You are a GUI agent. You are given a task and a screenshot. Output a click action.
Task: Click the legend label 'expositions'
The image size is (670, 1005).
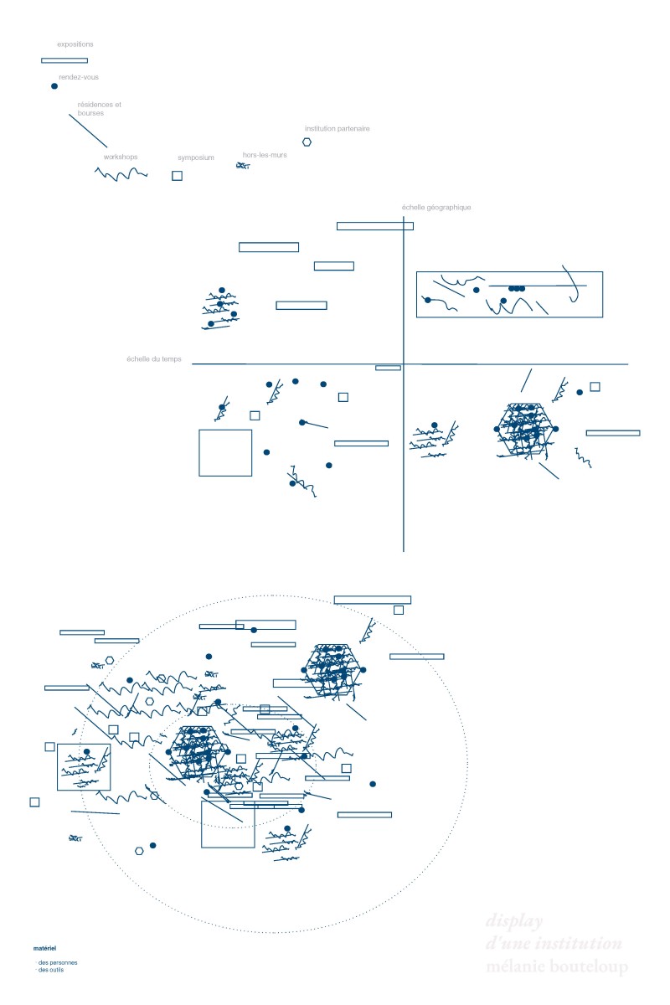pyautogui.click(x=75, y=44)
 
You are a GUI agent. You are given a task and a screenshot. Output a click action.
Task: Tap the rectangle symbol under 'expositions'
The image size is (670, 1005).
pyautogui.click(x=64, y=60)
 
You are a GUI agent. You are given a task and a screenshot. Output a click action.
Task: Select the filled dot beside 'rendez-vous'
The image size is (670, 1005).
pyautogui.click(x=54, y=86)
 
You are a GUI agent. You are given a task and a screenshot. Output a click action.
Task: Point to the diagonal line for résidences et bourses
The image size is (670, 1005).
pyautogui.click(x=88, y=131)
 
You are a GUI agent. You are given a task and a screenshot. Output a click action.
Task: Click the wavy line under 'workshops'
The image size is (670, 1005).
pyautogui.click(x=121, y=173)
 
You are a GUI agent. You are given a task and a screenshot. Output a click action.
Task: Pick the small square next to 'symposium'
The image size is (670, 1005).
pyautogui.click(x=177, y=176)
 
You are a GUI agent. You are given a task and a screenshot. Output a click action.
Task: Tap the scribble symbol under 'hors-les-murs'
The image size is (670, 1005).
pyautogui.click(x=243, y=167)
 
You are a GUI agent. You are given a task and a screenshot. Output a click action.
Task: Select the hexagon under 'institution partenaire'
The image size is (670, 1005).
pyautogui.click(x=307, y=142)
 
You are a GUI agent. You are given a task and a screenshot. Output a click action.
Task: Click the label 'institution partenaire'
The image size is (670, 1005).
pyautogui.click(x=337, y=129)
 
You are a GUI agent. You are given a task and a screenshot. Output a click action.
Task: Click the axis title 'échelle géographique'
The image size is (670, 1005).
pyautogui.click(x=436, y=208)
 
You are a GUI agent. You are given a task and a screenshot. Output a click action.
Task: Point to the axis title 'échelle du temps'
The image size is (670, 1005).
pyautogui.click(x=157, y=359)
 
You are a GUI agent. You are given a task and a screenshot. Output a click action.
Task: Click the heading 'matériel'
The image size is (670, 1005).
pyautogui.click(x=44, y=949)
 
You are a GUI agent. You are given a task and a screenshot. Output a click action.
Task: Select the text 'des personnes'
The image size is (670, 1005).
pyautogui.click(x=57, y=962)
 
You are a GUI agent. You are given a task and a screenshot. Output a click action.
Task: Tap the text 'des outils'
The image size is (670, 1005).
pyautogui.click(x=50, y=970)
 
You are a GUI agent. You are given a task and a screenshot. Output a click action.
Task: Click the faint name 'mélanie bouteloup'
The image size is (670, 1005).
pyautogui.click(x=556, y=968)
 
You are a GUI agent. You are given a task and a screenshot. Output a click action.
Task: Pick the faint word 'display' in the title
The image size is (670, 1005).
pyautogui.click(x=515, y=921)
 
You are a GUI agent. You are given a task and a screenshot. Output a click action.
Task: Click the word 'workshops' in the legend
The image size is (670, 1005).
pyautogui.click(x=121, y=157)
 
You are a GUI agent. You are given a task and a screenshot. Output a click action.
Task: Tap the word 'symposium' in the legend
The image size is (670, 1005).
pyautogui.click(x=196, y=157)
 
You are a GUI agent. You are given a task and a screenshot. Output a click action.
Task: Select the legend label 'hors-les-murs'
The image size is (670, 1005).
pyautogui.click(x=265, y=155)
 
